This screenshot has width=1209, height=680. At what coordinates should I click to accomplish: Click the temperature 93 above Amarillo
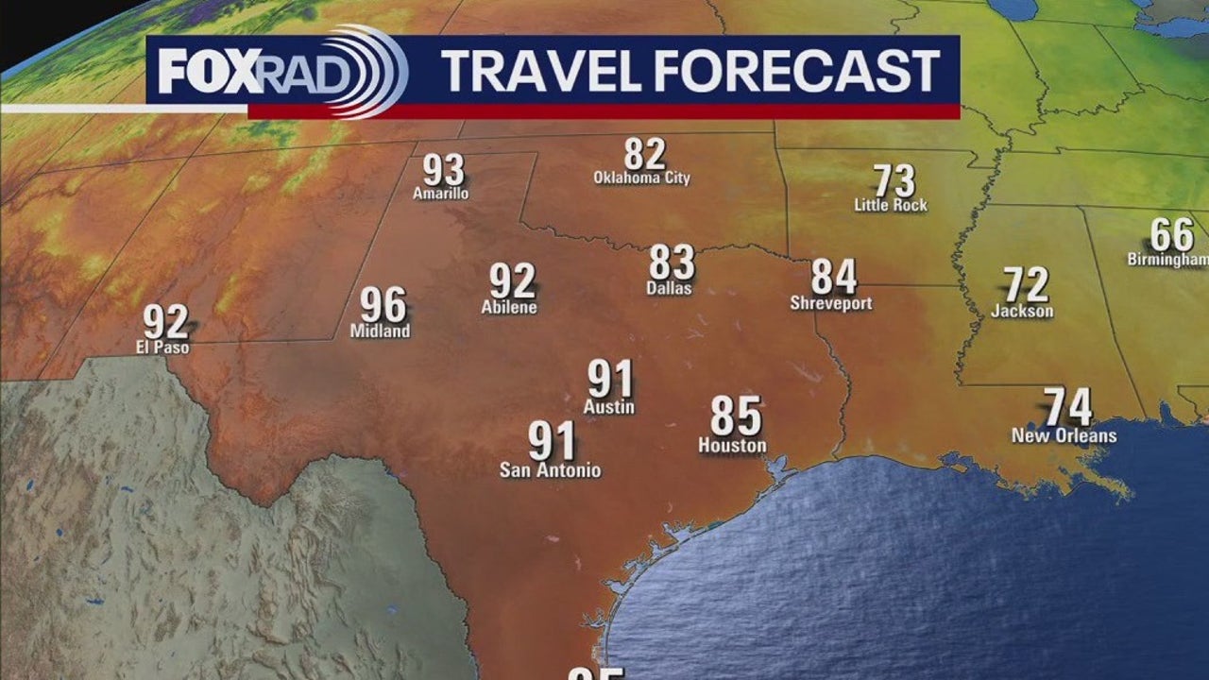click(x=443, y=170)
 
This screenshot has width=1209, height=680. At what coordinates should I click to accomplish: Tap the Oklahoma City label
click(x=641, y=178)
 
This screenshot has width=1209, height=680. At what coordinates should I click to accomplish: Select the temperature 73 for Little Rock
click(x=894, y=180)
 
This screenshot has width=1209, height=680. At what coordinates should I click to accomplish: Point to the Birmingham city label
click(x=1167, y=260)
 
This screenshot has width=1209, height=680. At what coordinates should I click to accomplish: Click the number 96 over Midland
click(x=383, y=306)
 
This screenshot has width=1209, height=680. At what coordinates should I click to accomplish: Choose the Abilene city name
click(x=509, y=307)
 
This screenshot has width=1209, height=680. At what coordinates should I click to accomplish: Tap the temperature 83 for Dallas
click(x=672, y=263)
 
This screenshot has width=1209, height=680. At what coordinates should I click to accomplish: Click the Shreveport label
click(x=831, y=303)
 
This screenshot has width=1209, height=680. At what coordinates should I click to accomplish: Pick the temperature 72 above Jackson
click(x=1025, y=284)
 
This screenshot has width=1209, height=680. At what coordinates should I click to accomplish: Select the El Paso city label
click(x=162, y=348)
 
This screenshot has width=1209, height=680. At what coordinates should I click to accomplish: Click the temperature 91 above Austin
click(x=609, y=380)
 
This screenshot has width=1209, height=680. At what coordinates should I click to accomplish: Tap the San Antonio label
click(x=550, y=470)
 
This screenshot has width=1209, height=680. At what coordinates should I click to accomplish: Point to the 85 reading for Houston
click(x=736, y=416)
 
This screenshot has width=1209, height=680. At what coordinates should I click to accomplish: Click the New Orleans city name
click(x=1064, y=435)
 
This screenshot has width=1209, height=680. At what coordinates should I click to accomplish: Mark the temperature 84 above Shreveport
click(x=834, y=277)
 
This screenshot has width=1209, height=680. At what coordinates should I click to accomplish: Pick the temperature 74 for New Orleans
click(x=1068, y=408)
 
